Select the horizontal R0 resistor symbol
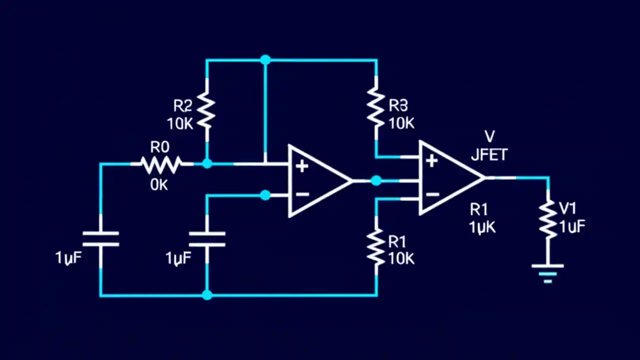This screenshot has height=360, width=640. pyautogui.click(x=161, y=163)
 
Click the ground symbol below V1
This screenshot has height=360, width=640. pyautogui.click(x=548, y=273)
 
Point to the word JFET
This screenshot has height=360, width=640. pyautogui.click(x=489, y=155)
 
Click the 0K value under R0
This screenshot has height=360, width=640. pyautogui.click(x=159, y=184)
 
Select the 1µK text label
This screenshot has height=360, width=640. pyautogui.click(x=482, y=226)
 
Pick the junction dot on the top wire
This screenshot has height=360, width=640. pyautogui.click(x=265, y=60)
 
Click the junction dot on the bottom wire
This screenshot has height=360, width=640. pyautogui.click(x=207, y=295)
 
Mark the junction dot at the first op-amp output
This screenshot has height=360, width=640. pyautogui.click(x=376, y=181)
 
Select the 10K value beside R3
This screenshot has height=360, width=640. pyautogui.click(x=401, y=123)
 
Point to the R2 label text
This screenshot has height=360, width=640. pyautogui.click(x=182, y=105)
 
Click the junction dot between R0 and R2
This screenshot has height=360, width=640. pyautogui.click(x=207, y=163)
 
